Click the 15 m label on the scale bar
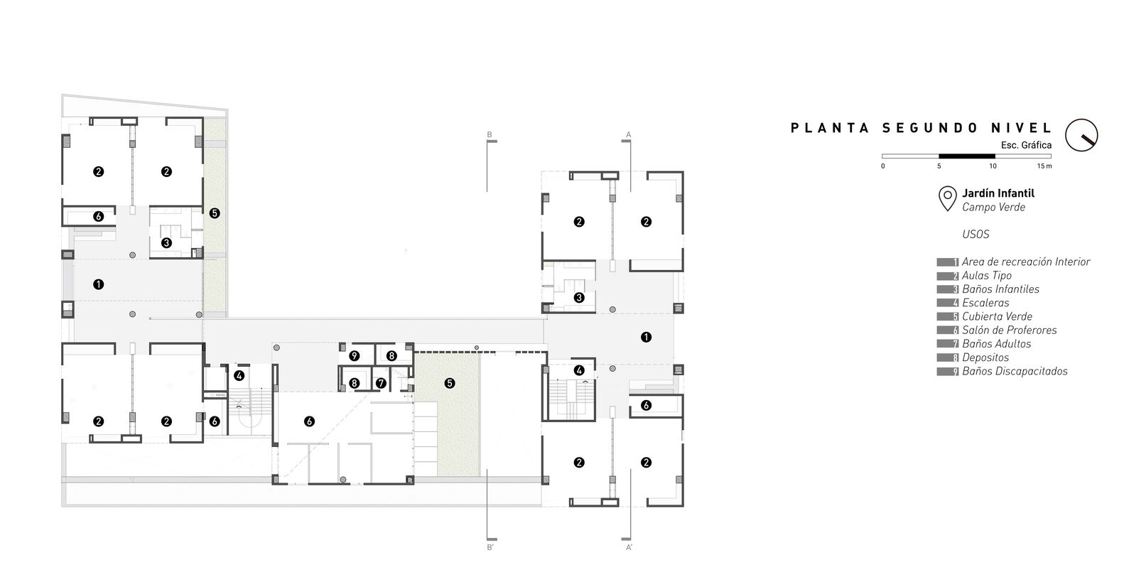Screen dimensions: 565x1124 pyautogui.click(x=1044, y=166)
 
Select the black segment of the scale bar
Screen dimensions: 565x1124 pyautogui.click(x=966, y=156)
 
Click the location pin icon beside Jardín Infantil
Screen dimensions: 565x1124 pyautogui.click(x=947, y=198)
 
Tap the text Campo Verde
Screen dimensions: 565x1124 pyautogui.click(x=993, y=208)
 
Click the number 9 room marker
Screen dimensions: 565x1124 pyautogui.click(x=354, y=355)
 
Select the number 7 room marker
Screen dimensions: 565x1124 pyautogui.click(x=381, y=383)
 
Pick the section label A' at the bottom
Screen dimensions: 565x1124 pyautogui.click(x=629, y=548)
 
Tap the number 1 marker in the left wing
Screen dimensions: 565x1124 pyautogui.click(x=98, y=284)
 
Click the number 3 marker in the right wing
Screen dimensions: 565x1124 pyautogui.click(x=578, y=298)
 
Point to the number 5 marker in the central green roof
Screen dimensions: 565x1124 pyautogui.click(x=449, y=383)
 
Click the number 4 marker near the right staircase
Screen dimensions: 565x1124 pyautogui.click(x=579, y=370)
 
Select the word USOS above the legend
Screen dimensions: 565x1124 pyautogui.click(x=976, y=235)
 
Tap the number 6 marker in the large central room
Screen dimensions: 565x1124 pyautogui.click(x=309, y=421)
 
